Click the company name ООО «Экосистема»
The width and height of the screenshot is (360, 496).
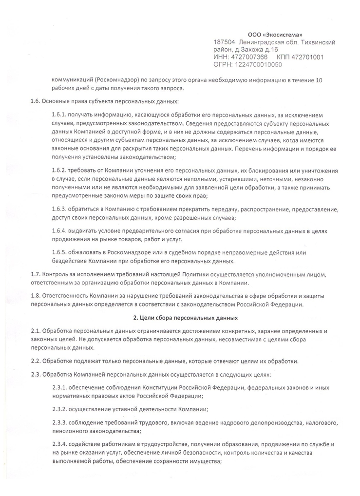coord(275,35)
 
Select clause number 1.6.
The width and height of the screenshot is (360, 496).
coord(37,101)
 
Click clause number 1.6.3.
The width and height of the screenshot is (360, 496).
coord(59,209)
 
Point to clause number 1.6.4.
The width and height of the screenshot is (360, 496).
coord(59,230)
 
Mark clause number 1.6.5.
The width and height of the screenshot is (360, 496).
coord(59,252)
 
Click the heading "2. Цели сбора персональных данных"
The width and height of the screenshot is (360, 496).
coord(179,318)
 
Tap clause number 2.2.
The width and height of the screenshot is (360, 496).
coord(37,361)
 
